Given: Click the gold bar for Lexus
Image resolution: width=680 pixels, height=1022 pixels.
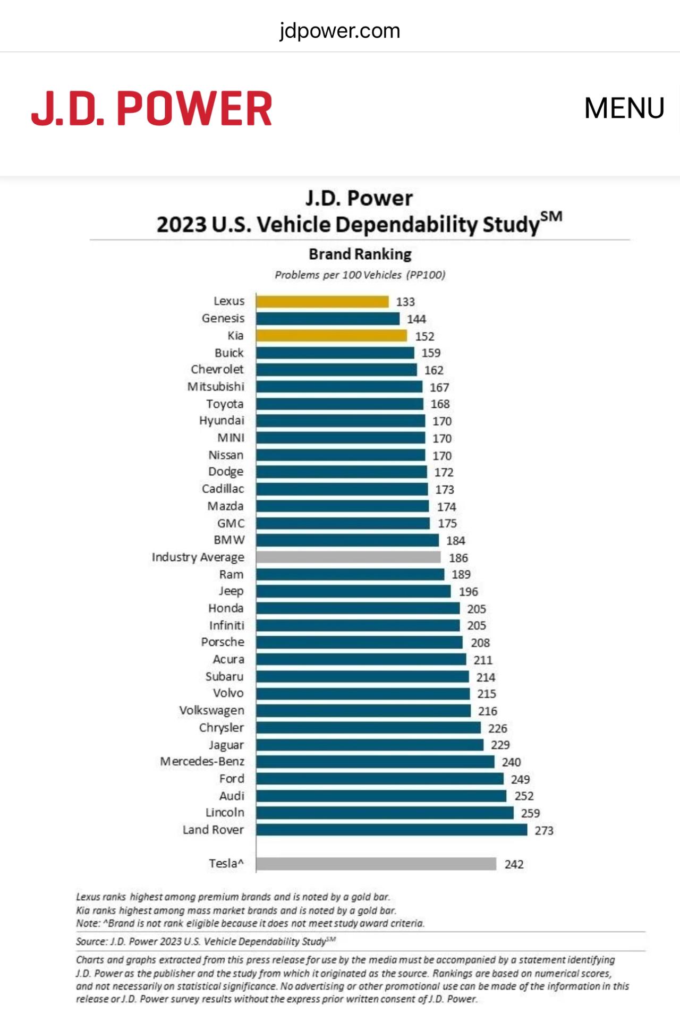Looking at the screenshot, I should [x=322, y=302].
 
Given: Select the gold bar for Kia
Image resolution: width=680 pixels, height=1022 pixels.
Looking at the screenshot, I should [x=331, y=336].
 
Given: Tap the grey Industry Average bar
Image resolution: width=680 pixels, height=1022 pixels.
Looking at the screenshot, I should [x=348, y=557].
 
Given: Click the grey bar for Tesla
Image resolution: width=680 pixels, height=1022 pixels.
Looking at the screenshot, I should [x=376, y=864].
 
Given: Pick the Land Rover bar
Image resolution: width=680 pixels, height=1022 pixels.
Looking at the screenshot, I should [x=392, y=830].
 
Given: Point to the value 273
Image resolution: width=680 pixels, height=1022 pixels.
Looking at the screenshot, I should [x=544, y=830].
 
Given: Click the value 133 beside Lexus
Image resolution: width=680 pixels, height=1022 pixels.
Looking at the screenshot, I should [x=405, y=302].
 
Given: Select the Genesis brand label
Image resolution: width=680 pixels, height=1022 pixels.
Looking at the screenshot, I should [x=223, y=318].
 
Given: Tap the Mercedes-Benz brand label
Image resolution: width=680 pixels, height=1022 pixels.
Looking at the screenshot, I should [x=202, y=761].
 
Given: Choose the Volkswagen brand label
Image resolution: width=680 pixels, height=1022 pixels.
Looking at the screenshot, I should [x=212, y=710].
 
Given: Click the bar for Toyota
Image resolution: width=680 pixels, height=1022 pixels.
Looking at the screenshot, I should [x=340, y=404].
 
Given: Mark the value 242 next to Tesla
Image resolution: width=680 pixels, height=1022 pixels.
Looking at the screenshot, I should [x=514, y=864].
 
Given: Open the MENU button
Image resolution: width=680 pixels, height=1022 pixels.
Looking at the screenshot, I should [x=624, y=108].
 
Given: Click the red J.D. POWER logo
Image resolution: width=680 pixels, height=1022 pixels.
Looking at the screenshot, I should [x=152, y=108].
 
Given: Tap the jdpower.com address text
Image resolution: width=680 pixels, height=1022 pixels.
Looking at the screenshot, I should [x=340, y=31].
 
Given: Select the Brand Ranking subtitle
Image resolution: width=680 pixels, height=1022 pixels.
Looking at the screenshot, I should [x=360, y=254].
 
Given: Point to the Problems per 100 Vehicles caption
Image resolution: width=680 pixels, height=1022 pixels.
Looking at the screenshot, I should [x=360, y=275].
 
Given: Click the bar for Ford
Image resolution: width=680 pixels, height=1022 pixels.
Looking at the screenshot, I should [x=380, y=779].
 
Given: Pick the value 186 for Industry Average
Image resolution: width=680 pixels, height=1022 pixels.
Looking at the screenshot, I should [x=458, y=558].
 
